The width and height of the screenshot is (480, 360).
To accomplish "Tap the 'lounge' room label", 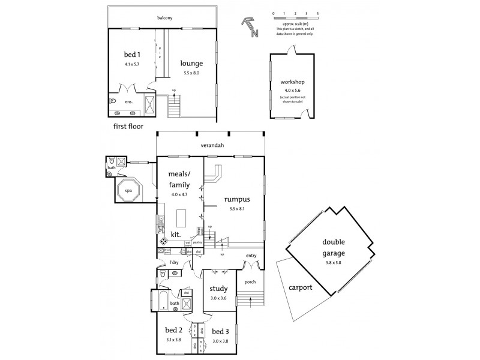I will [x=192, y=64].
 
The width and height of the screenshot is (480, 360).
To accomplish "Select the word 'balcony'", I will [x=164, y=18].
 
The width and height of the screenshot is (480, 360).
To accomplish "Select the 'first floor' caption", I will [x=128, y=127].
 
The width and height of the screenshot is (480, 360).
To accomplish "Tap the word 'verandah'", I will [x=209, y=145].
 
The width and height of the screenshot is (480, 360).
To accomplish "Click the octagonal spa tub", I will [x=128, y=191].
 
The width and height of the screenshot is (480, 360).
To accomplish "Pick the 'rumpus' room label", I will [x=237, y=199].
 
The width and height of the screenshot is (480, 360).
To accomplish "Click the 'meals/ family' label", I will [x=180, y=180].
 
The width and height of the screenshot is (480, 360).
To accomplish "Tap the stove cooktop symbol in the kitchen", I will [x=163, y=241].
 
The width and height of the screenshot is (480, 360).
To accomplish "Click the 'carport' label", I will [x=300, y=287].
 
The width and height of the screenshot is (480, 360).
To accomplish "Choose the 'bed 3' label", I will [x=220, y=331].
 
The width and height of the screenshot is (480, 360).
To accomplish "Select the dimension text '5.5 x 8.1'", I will [x=238, y=209].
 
